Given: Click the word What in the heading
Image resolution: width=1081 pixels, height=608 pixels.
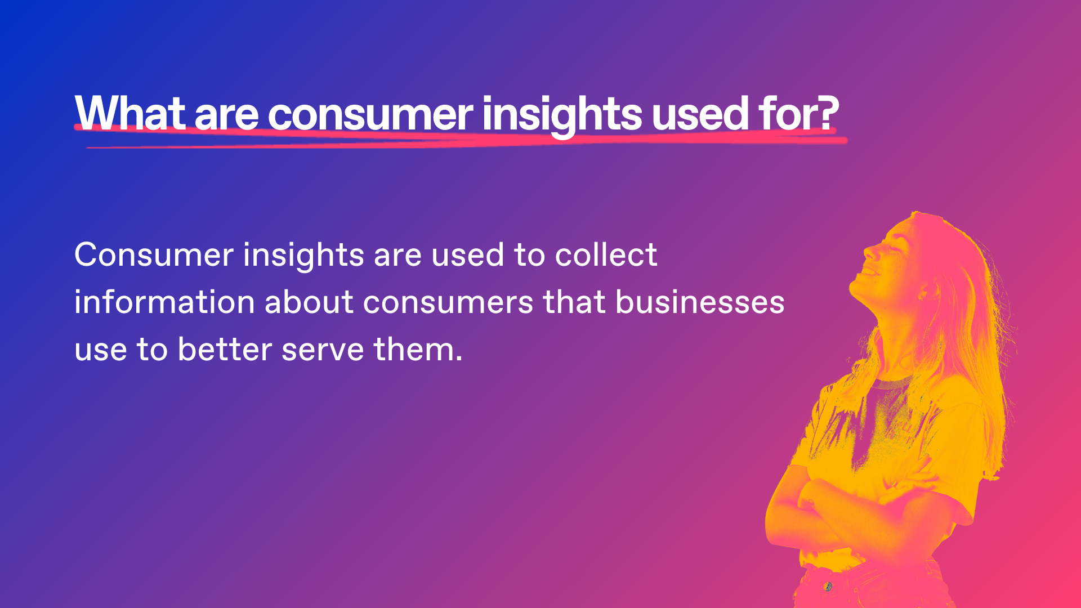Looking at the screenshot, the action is coord(130,114).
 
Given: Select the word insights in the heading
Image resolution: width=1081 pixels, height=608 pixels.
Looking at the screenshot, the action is coord(562,116).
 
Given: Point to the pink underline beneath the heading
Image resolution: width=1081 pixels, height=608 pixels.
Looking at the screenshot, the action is coord(461,138).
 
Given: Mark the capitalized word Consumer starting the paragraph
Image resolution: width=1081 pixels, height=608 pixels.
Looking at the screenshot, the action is coord(154,254).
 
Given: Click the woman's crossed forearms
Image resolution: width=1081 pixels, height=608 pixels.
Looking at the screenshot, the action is coord(856,501).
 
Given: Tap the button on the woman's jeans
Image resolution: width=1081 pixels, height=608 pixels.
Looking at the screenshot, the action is coord(828,587).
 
